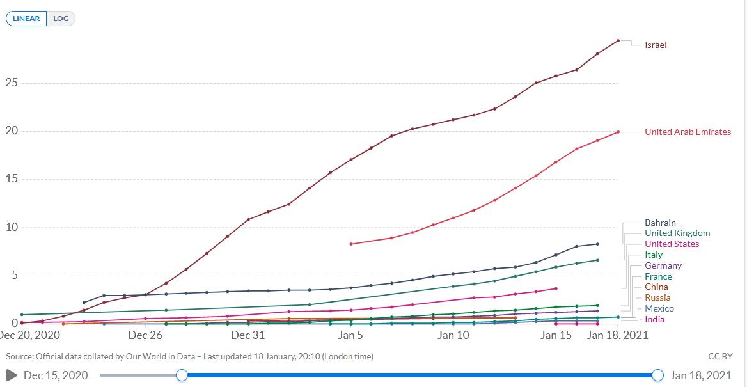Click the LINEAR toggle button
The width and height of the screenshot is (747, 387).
pos(26,19)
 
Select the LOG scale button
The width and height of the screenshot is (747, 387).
pos(61,19)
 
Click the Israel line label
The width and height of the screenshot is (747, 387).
pos(656,45)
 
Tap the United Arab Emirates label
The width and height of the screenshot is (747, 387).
pos(688,132)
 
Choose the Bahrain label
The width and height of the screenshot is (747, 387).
pos(660,223)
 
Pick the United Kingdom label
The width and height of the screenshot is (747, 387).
pos(677,233)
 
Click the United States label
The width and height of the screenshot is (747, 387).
pos(672,244)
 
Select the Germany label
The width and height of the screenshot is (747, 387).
pos(663,265)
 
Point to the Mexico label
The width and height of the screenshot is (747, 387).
pos(659,308)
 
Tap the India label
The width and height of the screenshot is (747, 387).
pos(654,319)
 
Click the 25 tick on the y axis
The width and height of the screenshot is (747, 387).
pos(10,83)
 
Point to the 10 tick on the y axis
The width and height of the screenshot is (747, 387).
pos(10,228)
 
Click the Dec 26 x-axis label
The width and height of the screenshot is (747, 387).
pos(145,335)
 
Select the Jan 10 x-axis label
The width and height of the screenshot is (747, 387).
pos(453,335)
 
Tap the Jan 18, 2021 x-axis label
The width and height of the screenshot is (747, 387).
pos(618,335)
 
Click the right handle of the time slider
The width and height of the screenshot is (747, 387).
pos(658,375)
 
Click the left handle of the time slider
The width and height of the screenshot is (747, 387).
pos(182,375)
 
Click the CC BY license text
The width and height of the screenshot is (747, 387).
pos(720,356)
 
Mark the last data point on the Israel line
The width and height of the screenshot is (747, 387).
pos(618,41)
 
